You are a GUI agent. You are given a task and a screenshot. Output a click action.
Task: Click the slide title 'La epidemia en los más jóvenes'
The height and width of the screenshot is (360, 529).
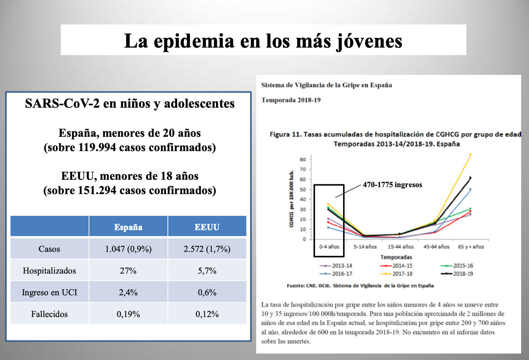tap(263, 41)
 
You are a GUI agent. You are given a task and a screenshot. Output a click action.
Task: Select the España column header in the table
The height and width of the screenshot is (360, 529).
tap(128, 227)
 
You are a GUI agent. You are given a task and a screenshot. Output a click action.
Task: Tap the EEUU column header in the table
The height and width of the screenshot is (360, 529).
tap(207, 227)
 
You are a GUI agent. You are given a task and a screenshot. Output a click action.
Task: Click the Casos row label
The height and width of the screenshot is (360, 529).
tap(49, 249)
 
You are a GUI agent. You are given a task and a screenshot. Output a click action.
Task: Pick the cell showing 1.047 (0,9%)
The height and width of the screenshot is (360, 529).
tap(128, 249)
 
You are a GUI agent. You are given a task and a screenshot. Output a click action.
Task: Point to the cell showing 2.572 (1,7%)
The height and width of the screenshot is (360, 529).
tap(207, 249)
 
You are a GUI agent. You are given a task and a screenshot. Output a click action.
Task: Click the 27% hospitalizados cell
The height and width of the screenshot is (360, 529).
tap(128, 271)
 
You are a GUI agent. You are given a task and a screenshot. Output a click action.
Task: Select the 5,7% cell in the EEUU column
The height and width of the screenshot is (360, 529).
tap(207, 271)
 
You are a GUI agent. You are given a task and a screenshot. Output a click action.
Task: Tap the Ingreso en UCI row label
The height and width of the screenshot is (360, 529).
tap(49, 293)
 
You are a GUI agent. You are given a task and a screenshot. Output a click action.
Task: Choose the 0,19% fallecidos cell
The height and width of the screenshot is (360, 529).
tap(128, 314)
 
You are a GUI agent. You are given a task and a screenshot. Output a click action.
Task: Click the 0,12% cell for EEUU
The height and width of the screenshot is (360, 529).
tap(207, 314)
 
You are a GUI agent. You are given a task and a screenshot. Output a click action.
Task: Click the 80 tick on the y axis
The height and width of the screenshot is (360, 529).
tap(303, 159)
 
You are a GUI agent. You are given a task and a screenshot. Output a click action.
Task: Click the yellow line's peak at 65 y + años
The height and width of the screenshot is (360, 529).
tap(470, 154)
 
